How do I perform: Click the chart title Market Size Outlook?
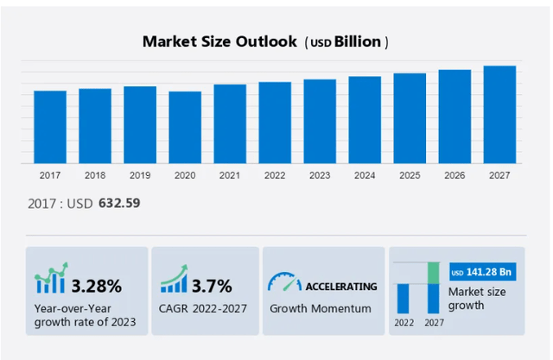click(219, 41)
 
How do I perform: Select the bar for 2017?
click(50, 127)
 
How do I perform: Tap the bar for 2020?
click(185, 127)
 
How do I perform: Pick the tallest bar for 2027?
click(499, 114)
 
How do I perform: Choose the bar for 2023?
click(320, 121)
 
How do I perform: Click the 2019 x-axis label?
click(140, 175)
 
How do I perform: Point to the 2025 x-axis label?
click(410, 175)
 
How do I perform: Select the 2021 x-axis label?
click(230, 175)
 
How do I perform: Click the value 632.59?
click(119, 203)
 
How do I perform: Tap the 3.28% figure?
click(96, 286)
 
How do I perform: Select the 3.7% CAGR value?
click(212, 286)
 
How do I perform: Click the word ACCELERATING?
click(342, 286)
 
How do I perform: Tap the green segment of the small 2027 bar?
click(434, 273)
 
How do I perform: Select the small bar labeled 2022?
click(404, 298)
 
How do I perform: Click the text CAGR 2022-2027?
click(202, 308)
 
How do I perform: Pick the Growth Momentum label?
click(321, 308)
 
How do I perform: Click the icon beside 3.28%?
click(50, 281)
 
